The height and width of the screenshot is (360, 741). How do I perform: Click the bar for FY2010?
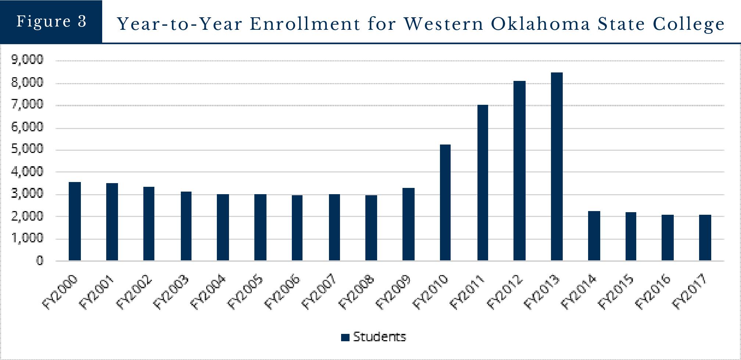445,203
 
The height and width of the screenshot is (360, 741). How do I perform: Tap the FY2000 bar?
75,221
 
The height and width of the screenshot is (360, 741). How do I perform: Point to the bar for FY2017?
705,238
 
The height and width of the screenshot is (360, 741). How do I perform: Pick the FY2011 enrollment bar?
483,183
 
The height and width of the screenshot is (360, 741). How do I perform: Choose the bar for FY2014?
594,236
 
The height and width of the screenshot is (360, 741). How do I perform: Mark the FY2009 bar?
408,224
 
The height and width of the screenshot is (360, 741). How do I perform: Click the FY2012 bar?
519,171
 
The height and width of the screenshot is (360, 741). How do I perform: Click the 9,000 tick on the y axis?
27,60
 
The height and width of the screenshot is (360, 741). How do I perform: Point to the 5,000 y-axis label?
27,149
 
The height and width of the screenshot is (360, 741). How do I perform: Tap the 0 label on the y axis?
39,261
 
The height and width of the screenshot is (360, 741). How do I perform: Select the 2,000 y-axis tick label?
27,216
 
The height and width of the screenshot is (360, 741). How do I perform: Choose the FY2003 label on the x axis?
171,292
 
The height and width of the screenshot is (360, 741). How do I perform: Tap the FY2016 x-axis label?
654,292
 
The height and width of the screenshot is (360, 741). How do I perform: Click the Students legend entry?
374,337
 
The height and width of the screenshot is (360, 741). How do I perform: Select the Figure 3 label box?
51,21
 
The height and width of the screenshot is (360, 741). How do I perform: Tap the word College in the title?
688,24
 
